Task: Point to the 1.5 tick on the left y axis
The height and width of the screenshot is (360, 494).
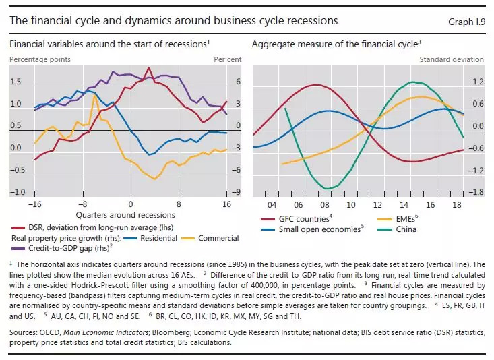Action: coord(16,82)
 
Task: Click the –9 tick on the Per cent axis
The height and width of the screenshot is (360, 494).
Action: coord(238,192)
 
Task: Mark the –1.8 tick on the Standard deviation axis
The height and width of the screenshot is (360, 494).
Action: coord(477,192)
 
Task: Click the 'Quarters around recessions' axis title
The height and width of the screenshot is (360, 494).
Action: coord(131,214)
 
